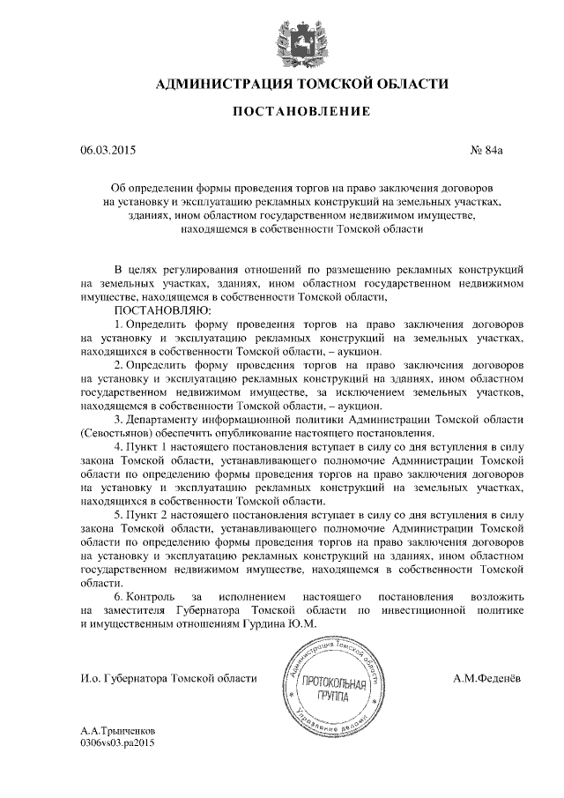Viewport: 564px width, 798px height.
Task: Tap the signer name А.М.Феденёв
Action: [486, 678]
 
